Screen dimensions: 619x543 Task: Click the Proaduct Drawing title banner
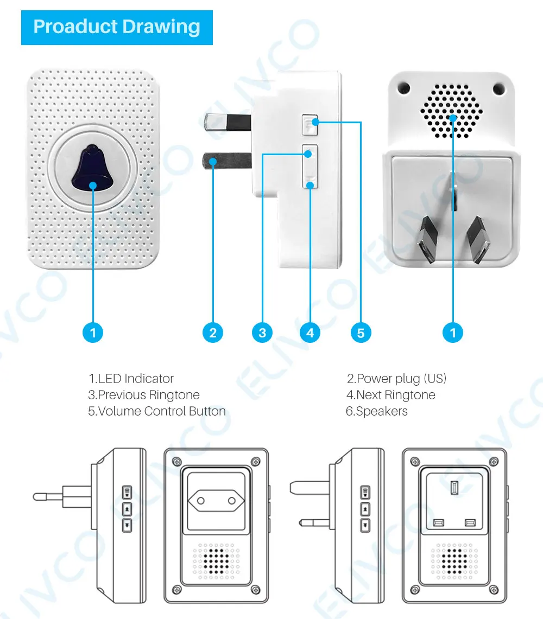click(x=117, y=27)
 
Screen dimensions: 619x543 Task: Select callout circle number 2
click(x=213, y=332)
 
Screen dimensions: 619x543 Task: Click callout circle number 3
click(x=262, y=332)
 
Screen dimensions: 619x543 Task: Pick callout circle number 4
click(x=310, y=332)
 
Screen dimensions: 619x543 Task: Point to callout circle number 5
click(x=361, y=332)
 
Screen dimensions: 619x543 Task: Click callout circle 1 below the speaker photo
click(x=453, y=332)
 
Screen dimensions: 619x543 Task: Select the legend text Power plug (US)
click(x=396, y=379)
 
